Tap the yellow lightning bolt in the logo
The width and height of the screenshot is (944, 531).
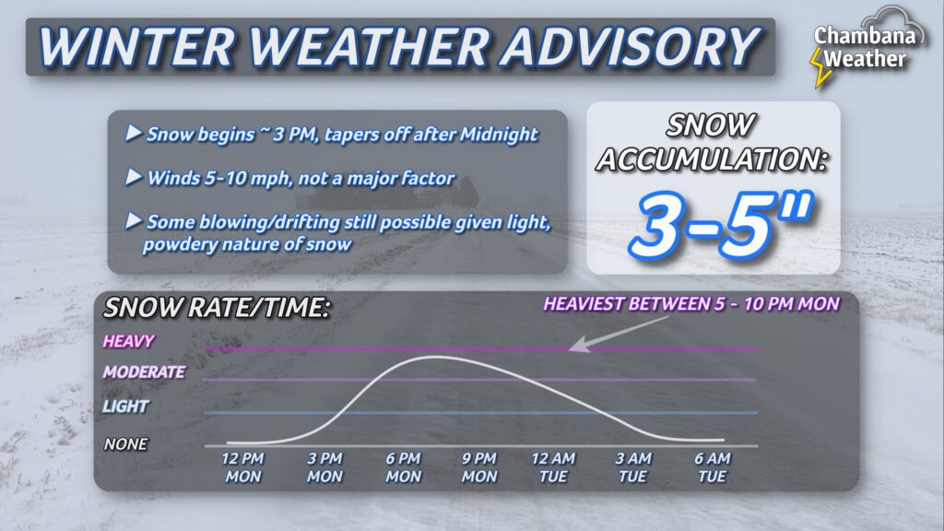817,68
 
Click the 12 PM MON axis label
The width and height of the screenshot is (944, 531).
242,467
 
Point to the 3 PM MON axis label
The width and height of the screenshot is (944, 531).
324,467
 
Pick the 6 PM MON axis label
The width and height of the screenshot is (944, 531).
403,467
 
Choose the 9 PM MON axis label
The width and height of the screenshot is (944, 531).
479,467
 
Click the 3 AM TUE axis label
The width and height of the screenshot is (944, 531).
633,467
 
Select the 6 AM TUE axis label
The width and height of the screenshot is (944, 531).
712,467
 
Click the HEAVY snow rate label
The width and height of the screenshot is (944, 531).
129,341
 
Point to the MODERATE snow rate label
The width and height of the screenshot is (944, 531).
144,373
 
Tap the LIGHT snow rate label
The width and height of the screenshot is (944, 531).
126,407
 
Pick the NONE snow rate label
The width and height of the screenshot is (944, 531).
125,444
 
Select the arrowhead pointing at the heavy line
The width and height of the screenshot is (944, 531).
574,348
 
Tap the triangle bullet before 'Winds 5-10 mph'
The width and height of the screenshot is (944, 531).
134,177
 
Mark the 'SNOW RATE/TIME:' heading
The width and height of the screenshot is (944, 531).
218,309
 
